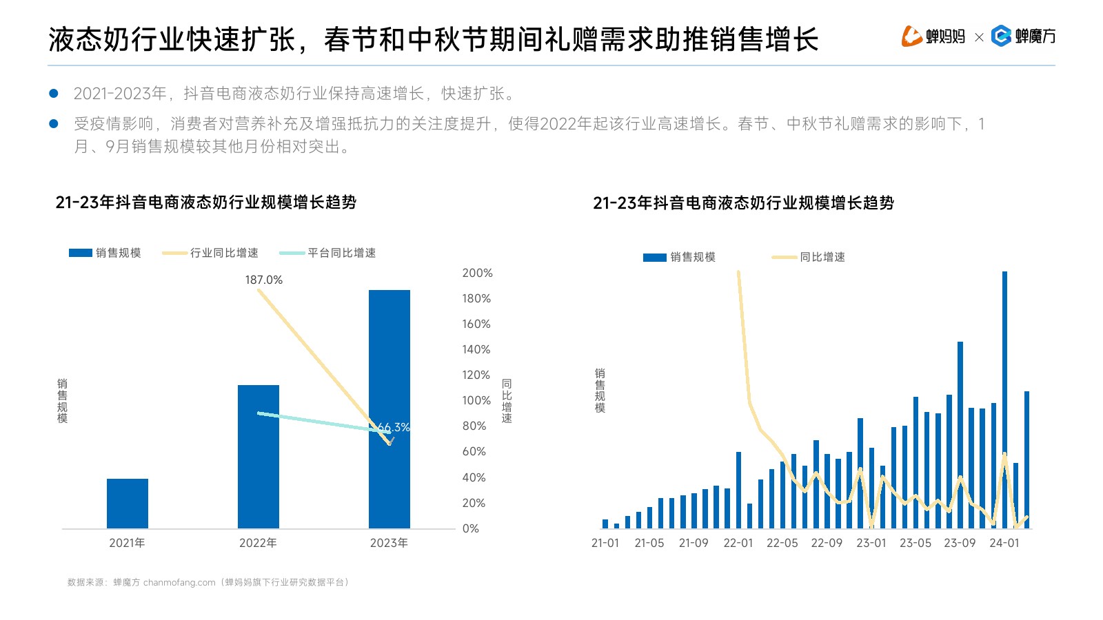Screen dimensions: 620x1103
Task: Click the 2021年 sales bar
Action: tap(128, 504)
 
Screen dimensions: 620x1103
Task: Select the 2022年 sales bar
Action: tap(259, 457)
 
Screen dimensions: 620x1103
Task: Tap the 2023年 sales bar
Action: tap(389, 409)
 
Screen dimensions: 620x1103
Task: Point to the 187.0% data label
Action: tap(263, 280)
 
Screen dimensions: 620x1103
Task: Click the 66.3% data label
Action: tap(394, 427)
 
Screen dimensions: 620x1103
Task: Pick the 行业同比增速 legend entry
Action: tap(211, 253)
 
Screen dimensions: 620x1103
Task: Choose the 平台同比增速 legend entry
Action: tap(328, 253)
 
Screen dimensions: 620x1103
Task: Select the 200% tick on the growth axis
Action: tap(477, 273)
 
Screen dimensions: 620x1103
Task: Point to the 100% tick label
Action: tap(476, 400)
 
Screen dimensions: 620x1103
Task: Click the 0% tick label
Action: tap(471, 528)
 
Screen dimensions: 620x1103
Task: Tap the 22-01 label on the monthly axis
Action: tap(738, 543)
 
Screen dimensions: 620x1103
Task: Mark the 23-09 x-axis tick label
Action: tap(960, 543)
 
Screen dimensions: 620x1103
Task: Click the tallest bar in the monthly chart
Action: tap(1004, 400)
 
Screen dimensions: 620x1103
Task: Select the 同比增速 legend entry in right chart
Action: tap(809, 257)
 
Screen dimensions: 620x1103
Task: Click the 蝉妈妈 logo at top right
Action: tap(933, 36)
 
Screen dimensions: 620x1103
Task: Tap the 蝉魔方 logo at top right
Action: tap(1024, 36)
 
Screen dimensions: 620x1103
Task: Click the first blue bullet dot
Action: tap(54, 93)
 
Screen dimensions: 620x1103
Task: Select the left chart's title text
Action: tap(205, 203)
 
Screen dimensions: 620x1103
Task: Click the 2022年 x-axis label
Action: tap(258, 543)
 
